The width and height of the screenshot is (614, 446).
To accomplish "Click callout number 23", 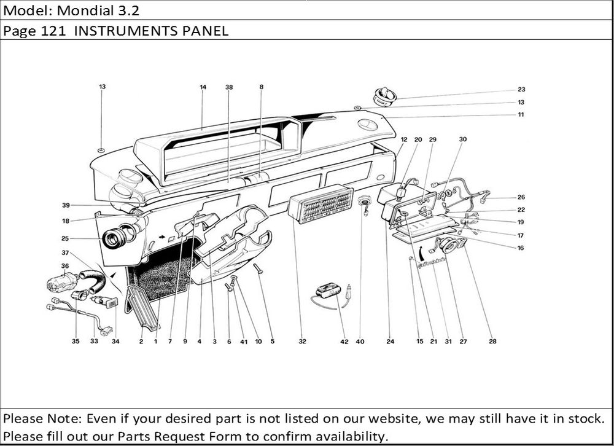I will pos(521,88).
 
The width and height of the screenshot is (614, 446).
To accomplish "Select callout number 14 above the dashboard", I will pos(203,87).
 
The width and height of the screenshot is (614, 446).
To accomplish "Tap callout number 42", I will pos(344,342).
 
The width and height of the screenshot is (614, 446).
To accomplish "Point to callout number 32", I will pos(302,342).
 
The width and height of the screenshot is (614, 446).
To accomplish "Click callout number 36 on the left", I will pos(64,265).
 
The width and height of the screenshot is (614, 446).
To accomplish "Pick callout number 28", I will pos(492,342).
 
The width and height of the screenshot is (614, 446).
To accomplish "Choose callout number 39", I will pos(65,205).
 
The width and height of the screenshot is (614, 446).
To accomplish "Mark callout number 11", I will pos(521,115).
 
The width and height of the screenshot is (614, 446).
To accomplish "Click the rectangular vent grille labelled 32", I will pos(321,202).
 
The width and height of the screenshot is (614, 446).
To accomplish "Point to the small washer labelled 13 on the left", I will pos(102,150).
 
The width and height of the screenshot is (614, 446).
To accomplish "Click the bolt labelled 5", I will pos(258,268).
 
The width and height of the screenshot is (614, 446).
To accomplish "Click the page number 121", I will pos(53,31).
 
